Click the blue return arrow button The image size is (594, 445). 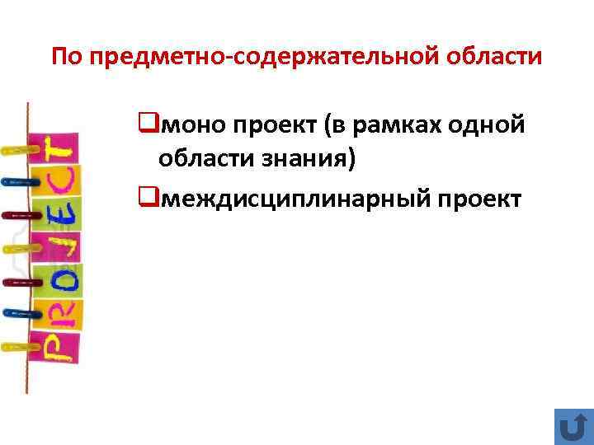569,426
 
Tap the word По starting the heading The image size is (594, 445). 67,58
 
